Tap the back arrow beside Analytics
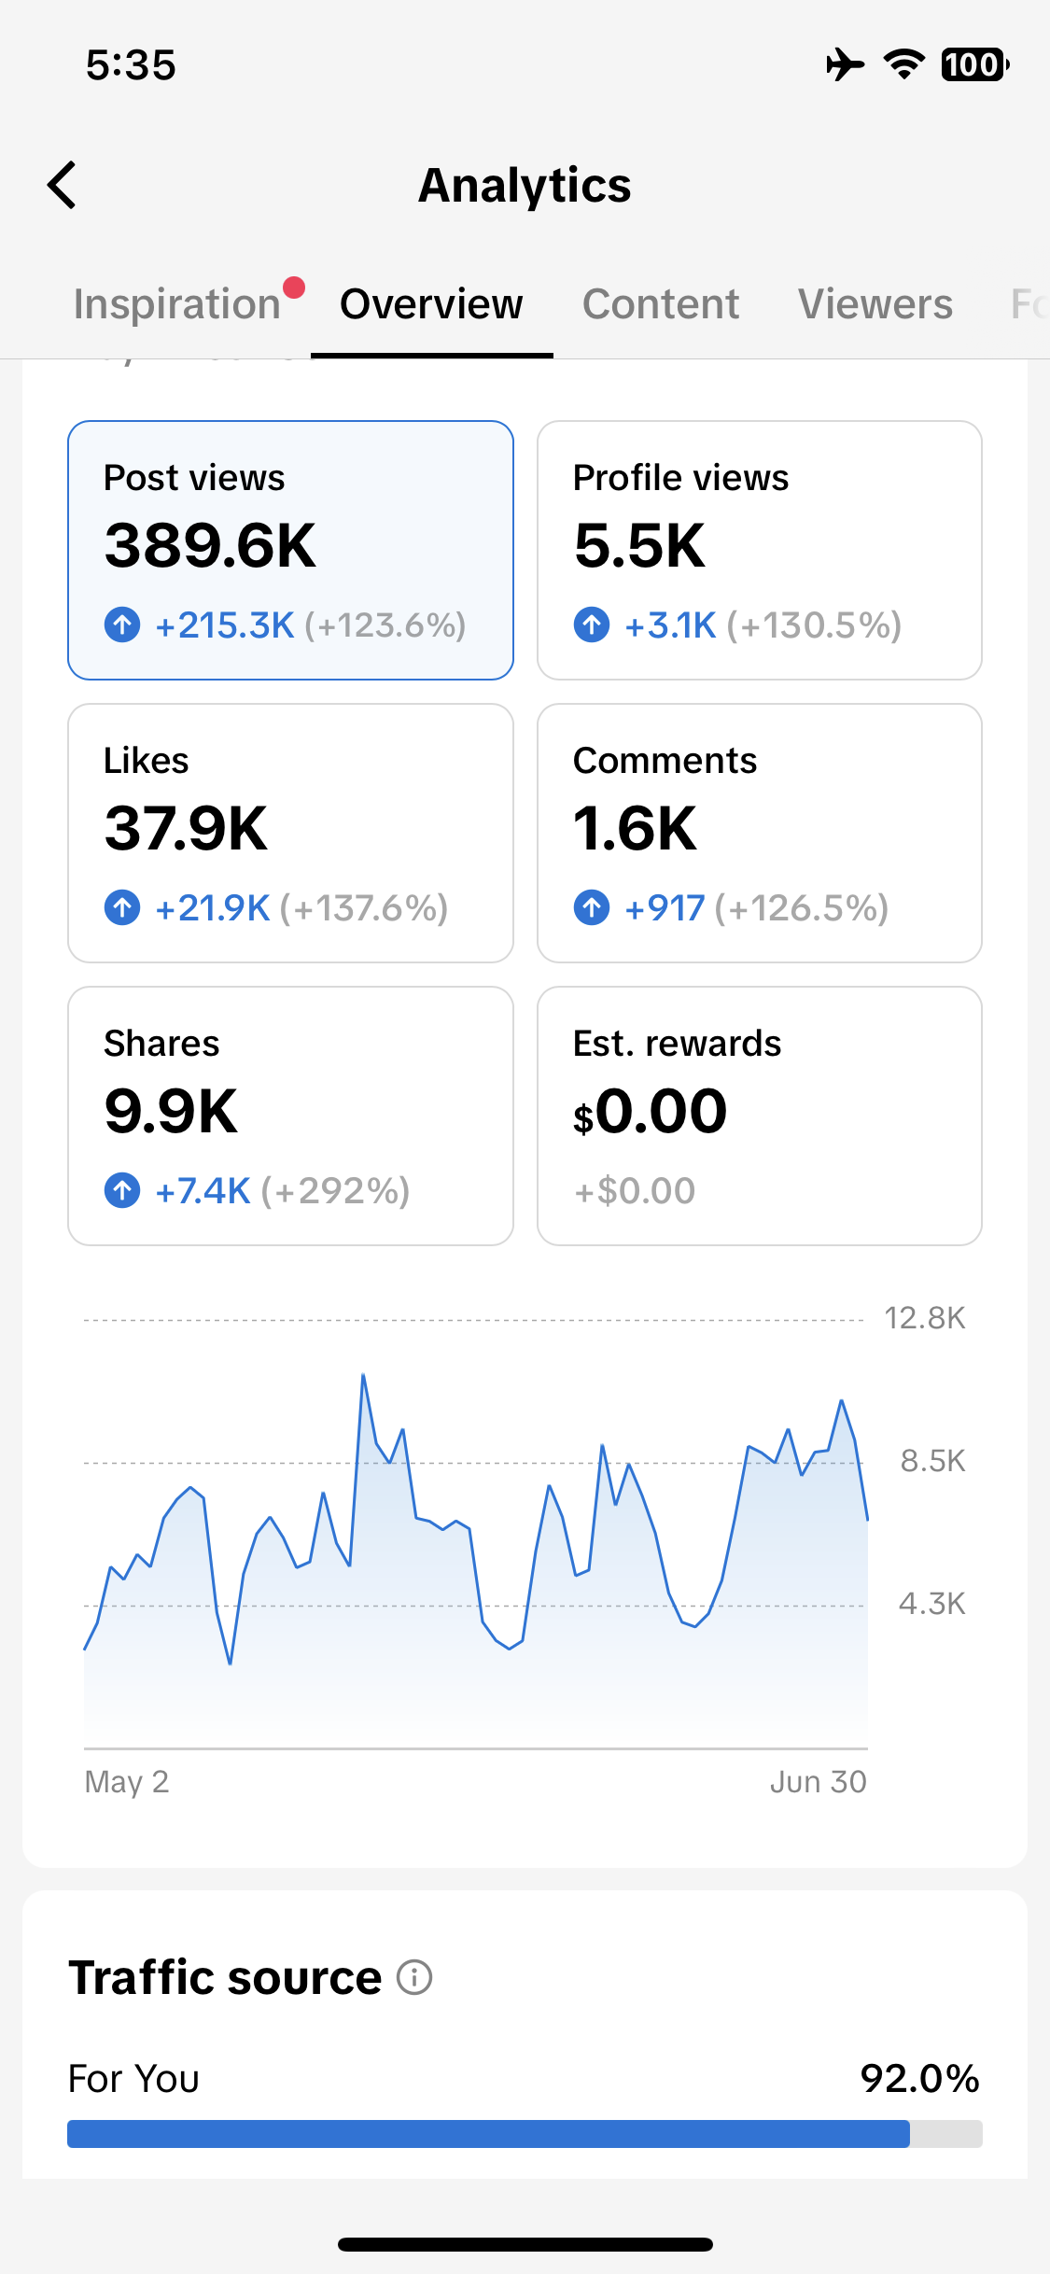(62, 185)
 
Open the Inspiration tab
(177, 304)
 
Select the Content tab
(661, 304)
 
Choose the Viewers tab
(875, 304)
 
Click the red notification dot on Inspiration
(294, 288)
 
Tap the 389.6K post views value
(211, 545)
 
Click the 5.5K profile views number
(639, 545)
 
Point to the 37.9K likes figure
(187, 828)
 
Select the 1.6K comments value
(635, 828)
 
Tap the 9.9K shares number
(172, 1111)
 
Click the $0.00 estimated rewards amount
(651, 1111)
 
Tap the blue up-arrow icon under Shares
(122, 1190)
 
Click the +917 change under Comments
(665, 908)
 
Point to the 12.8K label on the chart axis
(925, 1318)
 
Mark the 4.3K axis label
(931, 1604)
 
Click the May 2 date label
(127, 1782)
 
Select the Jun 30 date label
(819, 1782)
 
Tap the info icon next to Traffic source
(414, 1976)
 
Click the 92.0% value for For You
(920, 2079)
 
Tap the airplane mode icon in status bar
(846, 64)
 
